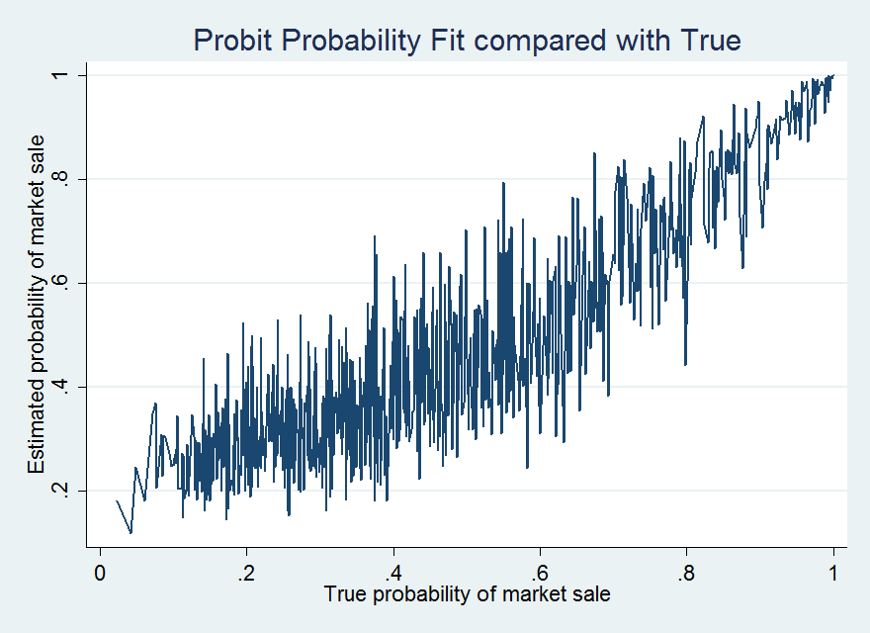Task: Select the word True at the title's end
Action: [711, 40]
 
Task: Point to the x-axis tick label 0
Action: [100, 573]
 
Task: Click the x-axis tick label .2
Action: [246, 573]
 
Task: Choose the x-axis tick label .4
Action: [393, 573]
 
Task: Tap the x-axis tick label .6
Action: [540, 573]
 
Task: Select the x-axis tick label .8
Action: [686, 573]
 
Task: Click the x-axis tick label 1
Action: [832, 573]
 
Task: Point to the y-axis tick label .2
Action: [59, 491]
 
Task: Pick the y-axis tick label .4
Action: [59, 387]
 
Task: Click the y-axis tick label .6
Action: [59, 283]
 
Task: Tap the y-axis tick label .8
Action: [59, 179]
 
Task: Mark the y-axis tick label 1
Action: [59, 75]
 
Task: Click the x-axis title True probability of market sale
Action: [467, 594]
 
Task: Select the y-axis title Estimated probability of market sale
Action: [37, 305]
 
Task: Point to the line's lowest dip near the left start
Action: [130, 533]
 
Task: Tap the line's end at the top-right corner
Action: [833, 75]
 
